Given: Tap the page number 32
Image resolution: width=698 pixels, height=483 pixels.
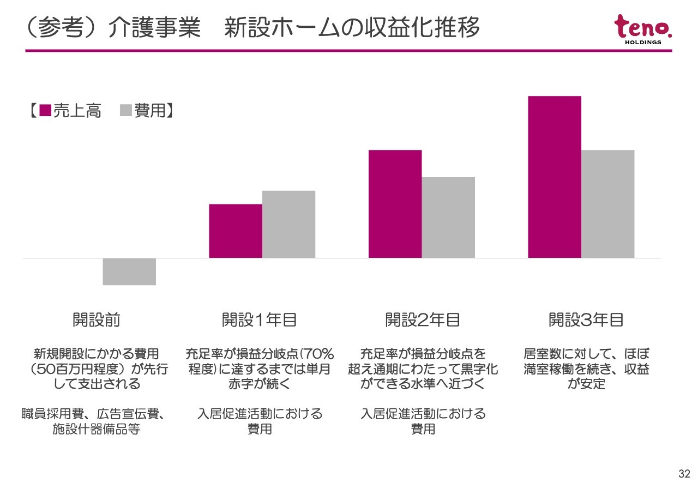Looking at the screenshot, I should (684, 473).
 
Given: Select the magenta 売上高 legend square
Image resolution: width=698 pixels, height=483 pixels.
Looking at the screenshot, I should (45, 111).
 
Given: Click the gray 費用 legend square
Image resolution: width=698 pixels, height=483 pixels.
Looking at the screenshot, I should (126, 111).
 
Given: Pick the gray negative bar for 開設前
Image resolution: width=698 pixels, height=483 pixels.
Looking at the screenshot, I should (129, 271).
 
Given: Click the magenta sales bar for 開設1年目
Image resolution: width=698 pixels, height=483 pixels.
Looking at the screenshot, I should (236, 231).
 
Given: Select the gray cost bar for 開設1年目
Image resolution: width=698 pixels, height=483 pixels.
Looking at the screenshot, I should (288, 224).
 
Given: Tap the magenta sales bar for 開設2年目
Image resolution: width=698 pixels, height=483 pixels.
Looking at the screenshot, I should (395, 203).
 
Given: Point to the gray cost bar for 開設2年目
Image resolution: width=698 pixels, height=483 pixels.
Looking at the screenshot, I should (448, 217).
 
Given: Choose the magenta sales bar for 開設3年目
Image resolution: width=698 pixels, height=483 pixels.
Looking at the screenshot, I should (555, 177).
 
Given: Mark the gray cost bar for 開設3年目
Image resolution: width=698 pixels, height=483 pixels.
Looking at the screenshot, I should (607, 203).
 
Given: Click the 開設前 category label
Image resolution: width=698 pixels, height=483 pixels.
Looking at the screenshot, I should (97, 320).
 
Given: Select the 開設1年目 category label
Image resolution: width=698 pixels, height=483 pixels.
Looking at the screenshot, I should (259, 320).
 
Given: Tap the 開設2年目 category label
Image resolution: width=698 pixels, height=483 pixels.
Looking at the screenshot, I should (423, 320).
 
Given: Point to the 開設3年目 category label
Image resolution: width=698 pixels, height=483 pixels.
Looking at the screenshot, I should (586, 320).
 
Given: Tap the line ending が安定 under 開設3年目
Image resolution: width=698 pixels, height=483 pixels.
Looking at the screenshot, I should (586, 384).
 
